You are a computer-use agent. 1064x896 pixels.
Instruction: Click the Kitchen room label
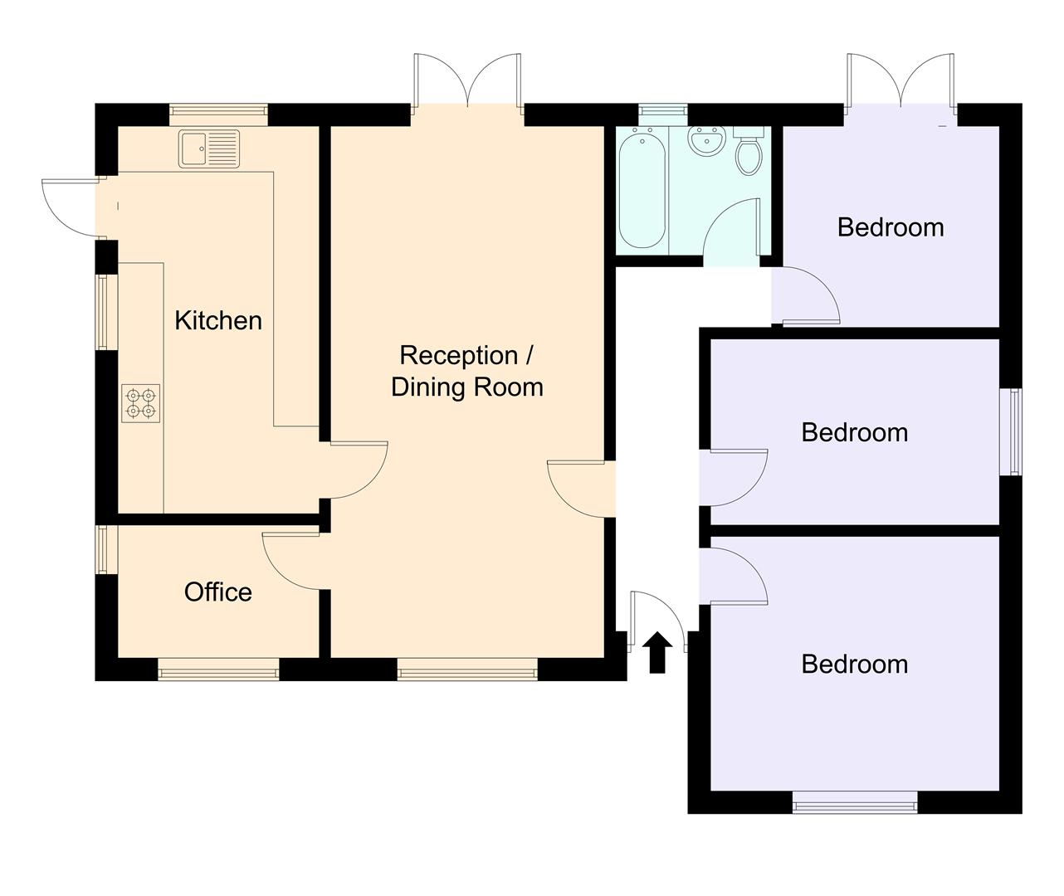[x=218, y=320]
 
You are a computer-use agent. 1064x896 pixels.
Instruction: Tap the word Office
[x=217, y=592]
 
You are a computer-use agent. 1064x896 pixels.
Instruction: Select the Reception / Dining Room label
[x=467, y=371]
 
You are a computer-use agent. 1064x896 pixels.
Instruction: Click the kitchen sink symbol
[x=209, y=149]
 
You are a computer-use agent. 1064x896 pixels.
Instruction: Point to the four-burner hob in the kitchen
[x=140, y=402]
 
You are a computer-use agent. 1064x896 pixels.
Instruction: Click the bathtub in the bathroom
[x=642, y=187]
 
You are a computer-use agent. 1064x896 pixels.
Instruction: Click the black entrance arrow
[x=657, y=652]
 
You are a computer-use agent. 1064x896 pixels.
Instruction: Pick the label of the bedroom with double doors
[x=891, y=226]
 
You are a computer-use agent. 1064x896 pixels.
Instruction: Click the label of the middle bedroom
[x=854, y=432]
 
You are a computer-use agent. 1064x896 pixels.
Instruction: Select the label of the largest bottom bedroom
[x=854, y=664]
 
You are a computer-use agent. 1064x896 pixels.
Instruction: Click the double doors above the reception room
[x=468, y=81]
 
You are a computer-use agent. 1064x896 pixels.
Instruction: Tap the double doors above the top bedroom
[x=900, y=81]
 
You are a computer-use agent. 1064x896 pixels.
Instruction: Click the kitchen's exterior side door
[x=73, y=207]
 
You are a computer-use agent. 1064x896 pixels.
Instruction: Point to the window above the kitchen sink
[x=218, y=114]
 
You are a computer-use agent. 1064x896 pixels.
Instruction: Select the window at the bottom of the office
[x=218, y=670]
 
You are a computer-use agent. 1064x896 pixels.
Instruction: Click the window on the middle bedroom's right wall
[x=1014, y=431]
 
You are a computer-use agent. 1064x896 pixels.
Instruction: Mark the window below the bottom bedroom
[x=855, y=801]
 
